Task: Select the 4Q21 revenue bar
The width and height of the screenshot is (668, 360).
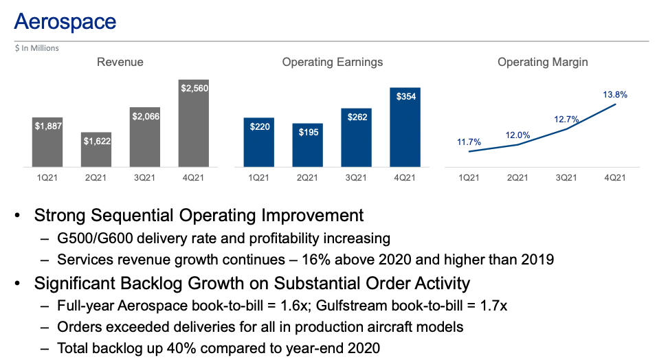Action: [x=193, y=127]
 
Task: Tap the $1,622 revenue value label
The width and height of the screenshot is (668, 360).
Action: [x=96, y=142]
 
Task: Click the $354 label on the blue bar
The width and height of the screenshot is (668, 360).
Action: [x=405, y=97]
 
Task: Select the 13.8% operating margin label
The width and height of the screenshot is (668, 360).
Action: [x=615, y=94]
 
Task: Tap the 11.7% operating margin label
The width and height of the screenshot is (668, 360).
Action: [x=469, y=142]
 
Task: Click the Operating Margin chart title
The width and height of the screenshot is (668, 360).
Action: [x=542, y=63]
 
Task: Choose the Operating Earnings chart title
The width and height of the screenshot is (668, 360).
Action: [x=332, y=63]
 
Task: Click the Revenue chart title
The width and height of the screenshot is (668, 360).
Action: [x=120, y=63]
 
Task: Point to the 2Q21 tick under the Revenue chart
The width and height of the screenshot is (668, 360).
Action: [x=96, y=178]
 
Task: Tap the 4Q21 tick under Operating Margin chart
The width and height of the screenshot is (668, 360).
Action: [x=614, y=178]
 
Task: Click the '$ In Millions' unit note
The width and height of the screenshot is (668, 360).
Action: [x=37, y=48]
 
